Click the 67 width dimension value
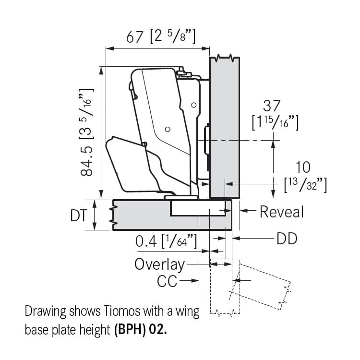(x=135, y=37)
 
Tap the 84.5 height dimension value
(x=87, y=161)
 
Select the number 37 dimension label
(x=272, y=106)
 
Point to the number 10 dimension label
(x=303, y=167)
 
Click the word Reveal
(x=282, y=212)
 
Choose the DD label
(x=287, y=239)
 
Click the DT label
(x=79, y=216)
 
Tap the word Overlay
(x=159, y=264)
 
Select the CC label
(x=167, y=281)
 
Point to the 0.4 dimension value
(x=146, y=241)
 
